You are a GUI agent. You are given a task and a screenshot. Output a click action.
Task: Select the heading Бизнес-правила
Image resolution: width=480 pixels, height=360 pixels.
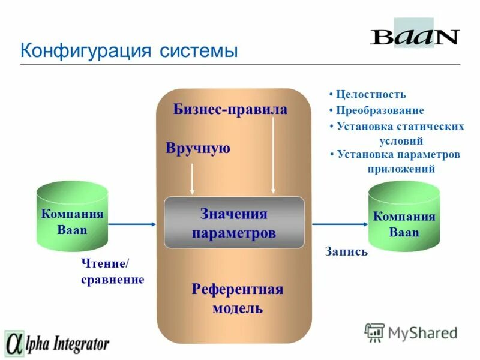230,109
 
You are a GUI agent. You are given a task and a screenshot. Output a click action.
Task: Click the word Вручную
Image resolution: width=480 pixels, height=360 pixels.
198,148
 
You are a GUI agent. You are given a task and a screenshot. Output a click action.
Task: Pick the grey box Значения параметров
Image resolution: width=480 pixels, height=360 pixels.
234,223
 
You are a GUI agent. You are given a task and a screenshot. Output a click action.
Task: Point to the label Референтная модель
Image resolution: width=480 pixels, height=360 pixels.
237,299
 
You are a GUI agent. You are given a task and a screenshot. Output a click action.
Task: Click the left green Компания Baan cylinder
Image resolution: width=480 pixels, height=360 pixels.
72,217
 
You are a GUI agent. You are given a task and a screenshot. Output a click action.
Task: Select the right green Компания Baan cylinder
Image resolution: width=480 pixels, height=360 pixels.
404,218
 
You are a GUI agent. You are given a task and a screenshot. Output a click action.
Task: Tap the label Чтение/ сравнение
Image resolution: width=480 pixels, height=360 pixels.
112,272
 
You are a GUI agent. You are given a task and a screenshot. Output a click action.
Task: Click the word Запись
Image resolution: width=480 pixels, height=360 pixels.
346,252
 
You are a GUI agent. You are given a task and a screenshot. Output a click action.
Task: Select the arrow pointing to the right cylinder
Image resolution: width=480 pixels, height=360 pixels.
338,224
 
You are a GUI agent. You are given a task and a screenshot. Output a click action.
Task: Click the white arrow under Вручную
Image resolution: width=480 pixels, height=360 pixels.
192,178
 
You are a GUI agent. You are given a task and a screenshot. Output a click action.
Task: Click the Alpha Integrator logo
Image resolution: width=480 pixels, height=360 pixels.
57,344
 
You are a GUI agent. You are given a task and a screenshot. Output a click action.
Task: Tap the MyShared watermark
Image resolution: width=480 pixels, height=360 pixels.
411,332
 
